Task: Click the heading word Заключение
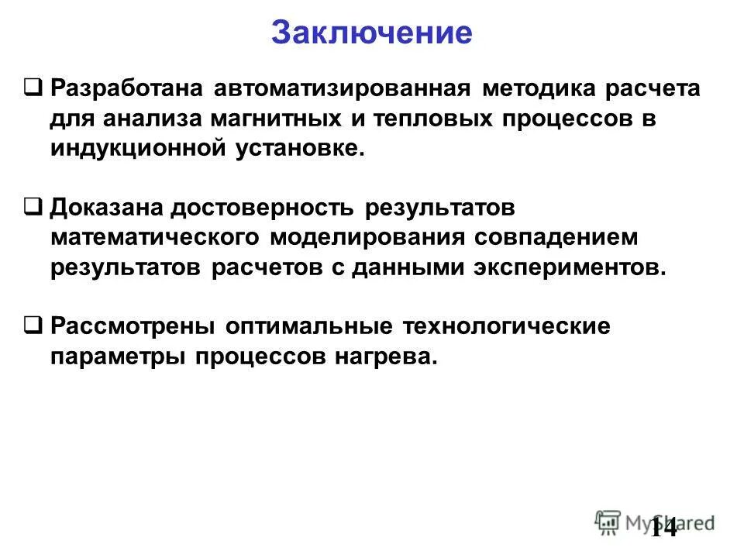[x=371, y=33]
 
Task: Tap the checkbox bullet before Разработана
[x=33, y=87]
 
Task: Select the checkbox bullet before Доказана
[x=33, y=207]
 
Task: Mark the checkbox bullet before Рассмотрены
[x=33, y=325]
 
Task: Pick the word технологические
[x=505, y=327]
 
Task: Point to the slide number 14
[x=664, y=527]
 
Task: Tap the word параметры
[x=119, y=357]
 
